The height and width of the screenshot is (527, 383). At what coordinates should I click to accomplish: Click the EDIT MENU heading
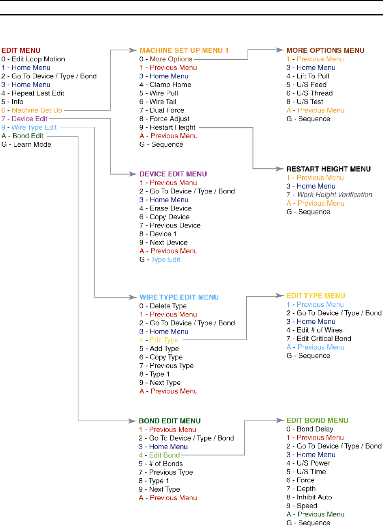point(21,50)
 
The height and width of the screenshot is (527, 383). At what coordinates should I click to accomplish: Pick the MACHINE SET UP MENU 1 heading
point(184,50)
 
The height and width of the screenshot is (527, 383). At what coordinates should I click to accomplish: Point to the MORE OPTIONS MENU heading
point(325,50)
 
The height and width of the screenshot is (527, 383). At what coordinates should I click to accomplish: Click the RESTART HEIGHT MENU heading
point(329,169)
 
